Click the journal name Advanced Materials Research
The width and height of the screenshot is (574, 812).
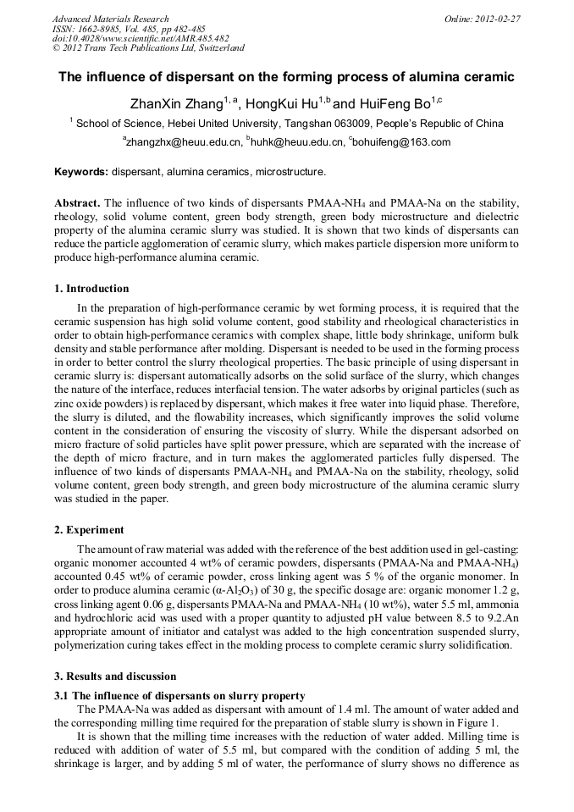click(110, 19)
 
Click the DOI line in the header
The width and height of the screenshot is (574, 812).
click(141, 39)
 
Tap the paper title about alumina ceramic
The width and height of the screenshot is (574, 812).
click(286, 77)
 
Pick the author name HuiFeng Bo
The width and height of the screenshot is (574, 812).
click(390, 104)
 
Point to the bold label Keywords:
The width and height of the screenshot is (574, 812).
click(81, 172)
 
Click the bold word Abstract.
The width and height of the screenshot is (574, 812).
click(77, 204)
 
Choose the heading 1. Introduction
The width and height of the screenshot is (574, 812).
click(91, 289)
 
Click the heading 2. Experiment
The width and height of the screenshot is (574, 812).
click(89, 530)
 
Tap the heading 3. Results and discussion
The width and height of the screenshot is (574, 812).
click(115, 677)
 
